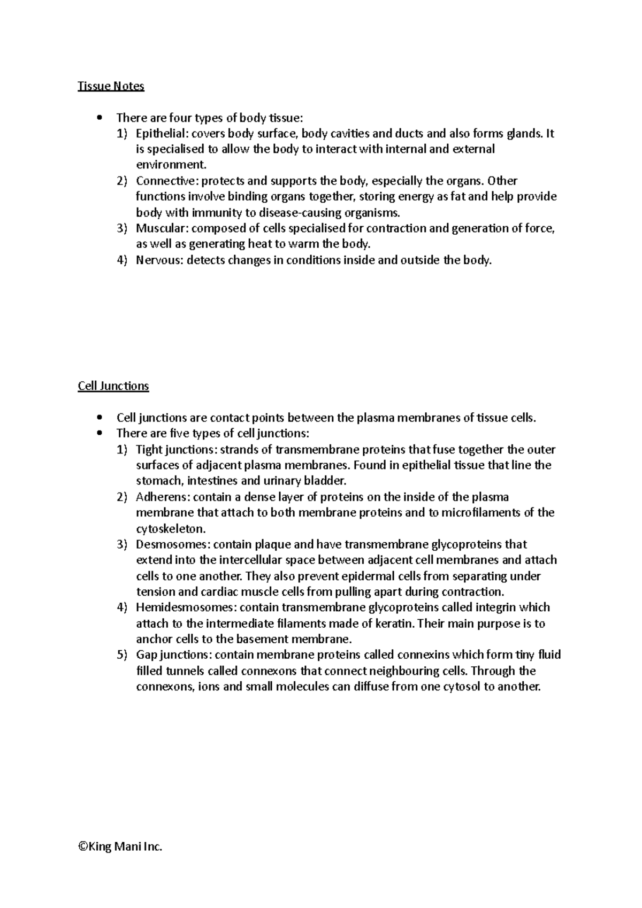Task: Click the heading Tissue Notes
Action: coord(111,86)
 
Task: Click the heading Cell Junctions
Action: coord(113,386)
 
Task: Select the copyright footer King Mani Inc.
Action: coord(120,847)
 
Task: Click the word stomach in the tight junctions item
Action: coord(155,480)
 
